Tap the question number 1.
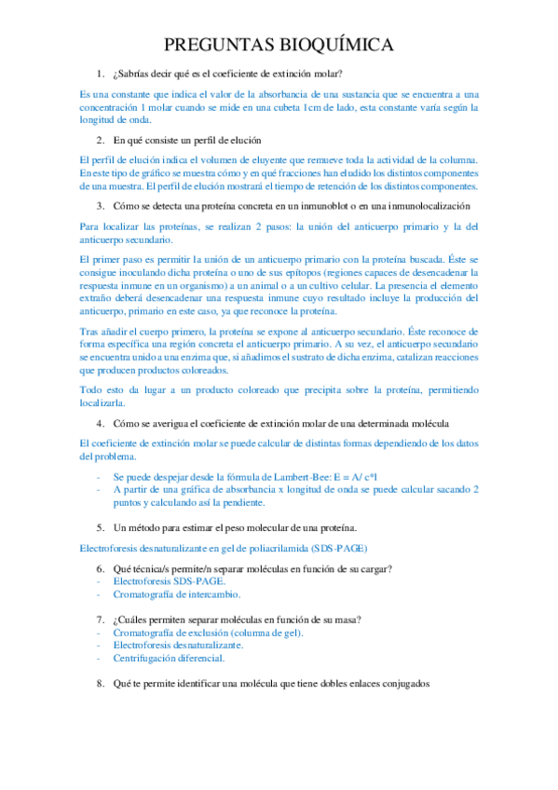(100, 74)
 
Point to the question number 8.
(100, 683)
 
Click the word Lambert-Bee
(294, 476)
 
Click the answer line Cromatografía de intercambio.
(177, 593)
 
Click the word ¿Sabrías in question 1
(132, 74)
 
